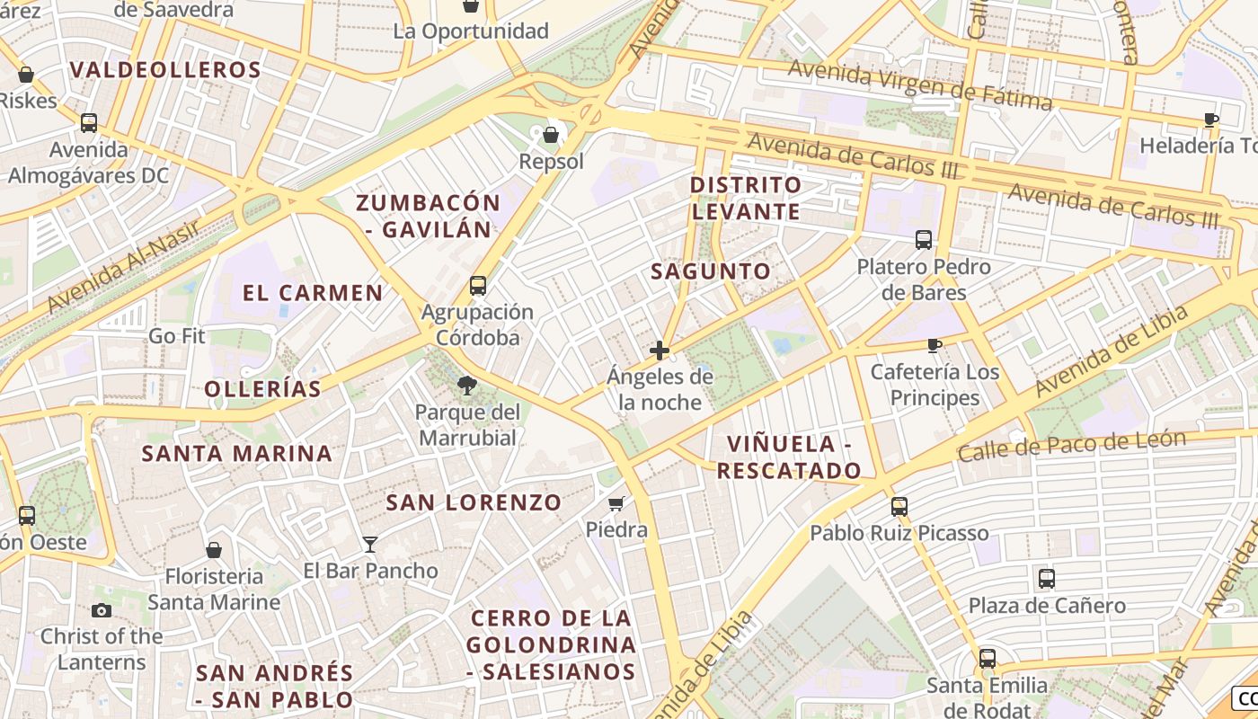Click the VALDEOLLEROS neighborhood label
(x=165, y=70)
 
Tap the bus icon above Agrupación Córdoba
(x=478, y=286)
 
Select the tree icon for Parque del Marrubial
(x=466, y=386)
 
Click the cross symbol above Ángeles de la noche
(x=660, y=351)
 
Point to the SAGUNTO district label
(x=711, y=271)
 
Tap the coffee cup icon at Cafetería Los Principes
(x=935, y=345)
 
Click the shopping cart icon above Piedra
(x=616, y=503)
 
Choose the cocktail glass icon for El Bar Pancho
(x=369, y=544)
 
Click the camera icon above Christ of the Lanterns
(x=102, y=610)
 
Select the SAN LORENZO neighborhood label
(x=474, y=502)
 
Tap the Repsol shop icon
(x=551, y=136)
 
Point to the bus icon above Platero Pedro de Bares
(x=924, y=240)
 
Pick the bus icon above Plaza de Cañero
(x=1046, y=579)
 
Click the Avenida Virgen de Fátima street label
(x=919, y=84)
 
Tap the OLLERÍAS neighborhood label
(x=262, y=389)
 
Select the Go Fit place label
(x=177, y=336)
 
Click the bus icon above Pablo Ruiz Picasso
(x=899, y=507)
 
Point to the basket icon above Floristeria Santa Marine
(x=214, y=550)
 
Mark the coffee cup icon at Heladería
(x=1211, y=120)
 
